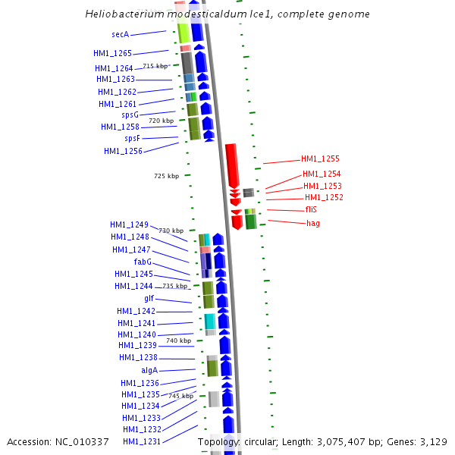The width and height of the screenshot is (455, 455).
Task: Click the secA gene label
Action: [x=120, y=35]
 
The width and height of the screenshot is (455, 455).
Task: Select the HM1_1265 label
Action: [x=112, y=54]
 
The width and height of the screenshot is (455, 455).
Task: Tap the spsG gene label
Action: [x=130, y=115]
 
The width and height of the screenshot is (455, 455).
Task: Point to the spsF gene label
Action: [x=132, y=139]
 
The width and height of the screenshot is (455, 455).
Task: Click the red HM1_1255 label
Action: [x=320, y=159]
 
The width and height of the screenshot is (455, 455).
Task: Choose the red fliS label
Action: [x=311, y=209]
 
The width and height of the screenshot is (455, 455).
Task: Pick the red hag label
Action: [x=312, y=224]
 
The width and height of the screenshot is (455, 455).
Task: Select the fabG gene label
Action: [x=143, y=262]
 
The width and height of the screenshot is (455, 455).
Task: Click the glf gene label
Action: [x=149, y=299]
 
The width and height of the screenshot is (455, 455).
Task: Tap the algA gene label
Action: [x=149, y=370]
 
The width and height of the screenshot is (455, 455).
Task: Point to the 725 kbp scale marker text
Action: [x=167, y=176]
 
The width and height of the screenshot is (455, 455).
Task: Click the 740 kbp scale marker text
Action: [x=179, y=341]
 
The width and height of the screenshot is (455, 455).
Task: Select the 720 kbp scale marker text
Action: [x=161, y=121]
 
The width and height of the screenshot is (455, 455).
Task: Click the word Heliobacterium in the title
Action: [x=123, y=14]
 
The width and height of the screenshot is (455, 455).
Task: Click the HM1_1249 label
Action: [x=129, y=225]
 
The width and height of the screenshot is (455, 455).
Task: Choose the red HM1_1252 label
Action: [x=324, y=197]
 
